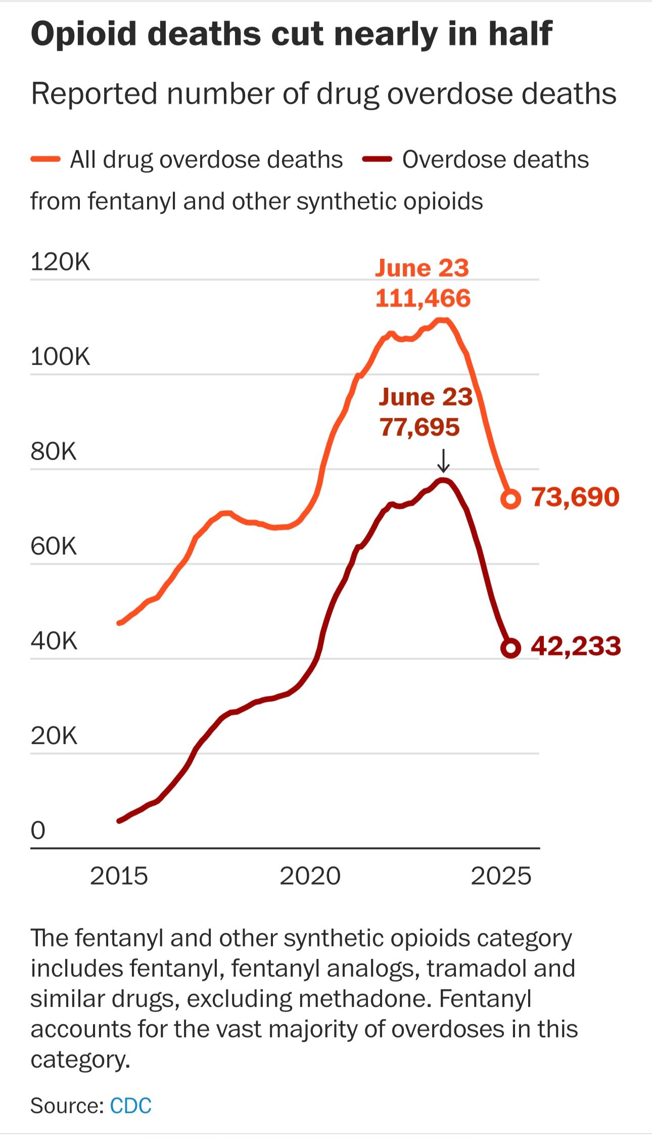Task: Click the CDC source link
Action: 130,1106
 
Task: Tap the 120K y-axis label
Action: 60,262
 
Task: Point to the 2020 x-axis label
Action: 310,876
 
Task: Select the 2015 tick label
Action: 119,876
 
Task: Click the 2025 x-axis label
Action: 501,876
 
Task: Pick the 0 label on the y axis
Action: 38,830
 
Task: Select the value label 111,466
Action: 423,298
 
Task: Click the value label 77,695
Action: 420,427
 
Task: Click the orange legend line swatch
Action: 45,160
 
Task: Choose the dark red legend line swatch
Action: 377,160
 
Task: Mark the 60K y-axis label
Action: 54,546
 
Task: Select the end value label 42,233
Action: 576,646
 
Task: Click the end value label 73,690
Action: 575,497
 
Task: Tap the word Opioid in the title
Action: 84,34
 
